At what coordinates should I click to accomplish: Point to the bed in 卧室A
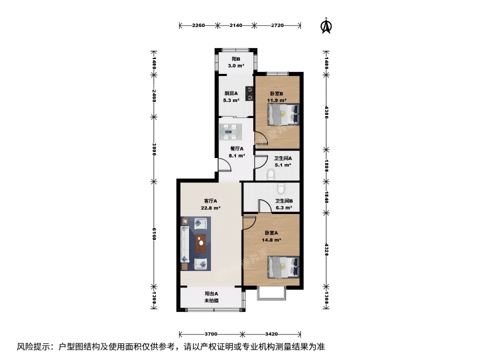pos(283,266)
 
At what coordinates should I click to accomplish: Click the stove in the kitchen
pos(248,92)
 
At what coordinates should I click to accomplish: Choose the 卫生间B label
pos(283,201)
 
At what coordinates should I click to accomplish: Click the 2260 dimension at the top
pos(198,25)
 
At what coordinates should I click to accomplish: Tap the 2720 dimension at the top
pos(277,25)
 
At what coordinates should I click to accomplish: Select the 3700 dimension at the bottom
pos(210,333)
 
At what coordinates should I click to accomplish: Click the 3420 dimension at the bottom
pos(271,333)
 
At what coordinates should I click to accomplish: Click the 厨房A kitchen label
pos(231,93)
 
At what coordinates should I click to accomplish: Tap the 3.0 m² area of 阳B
pos(236,65)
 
